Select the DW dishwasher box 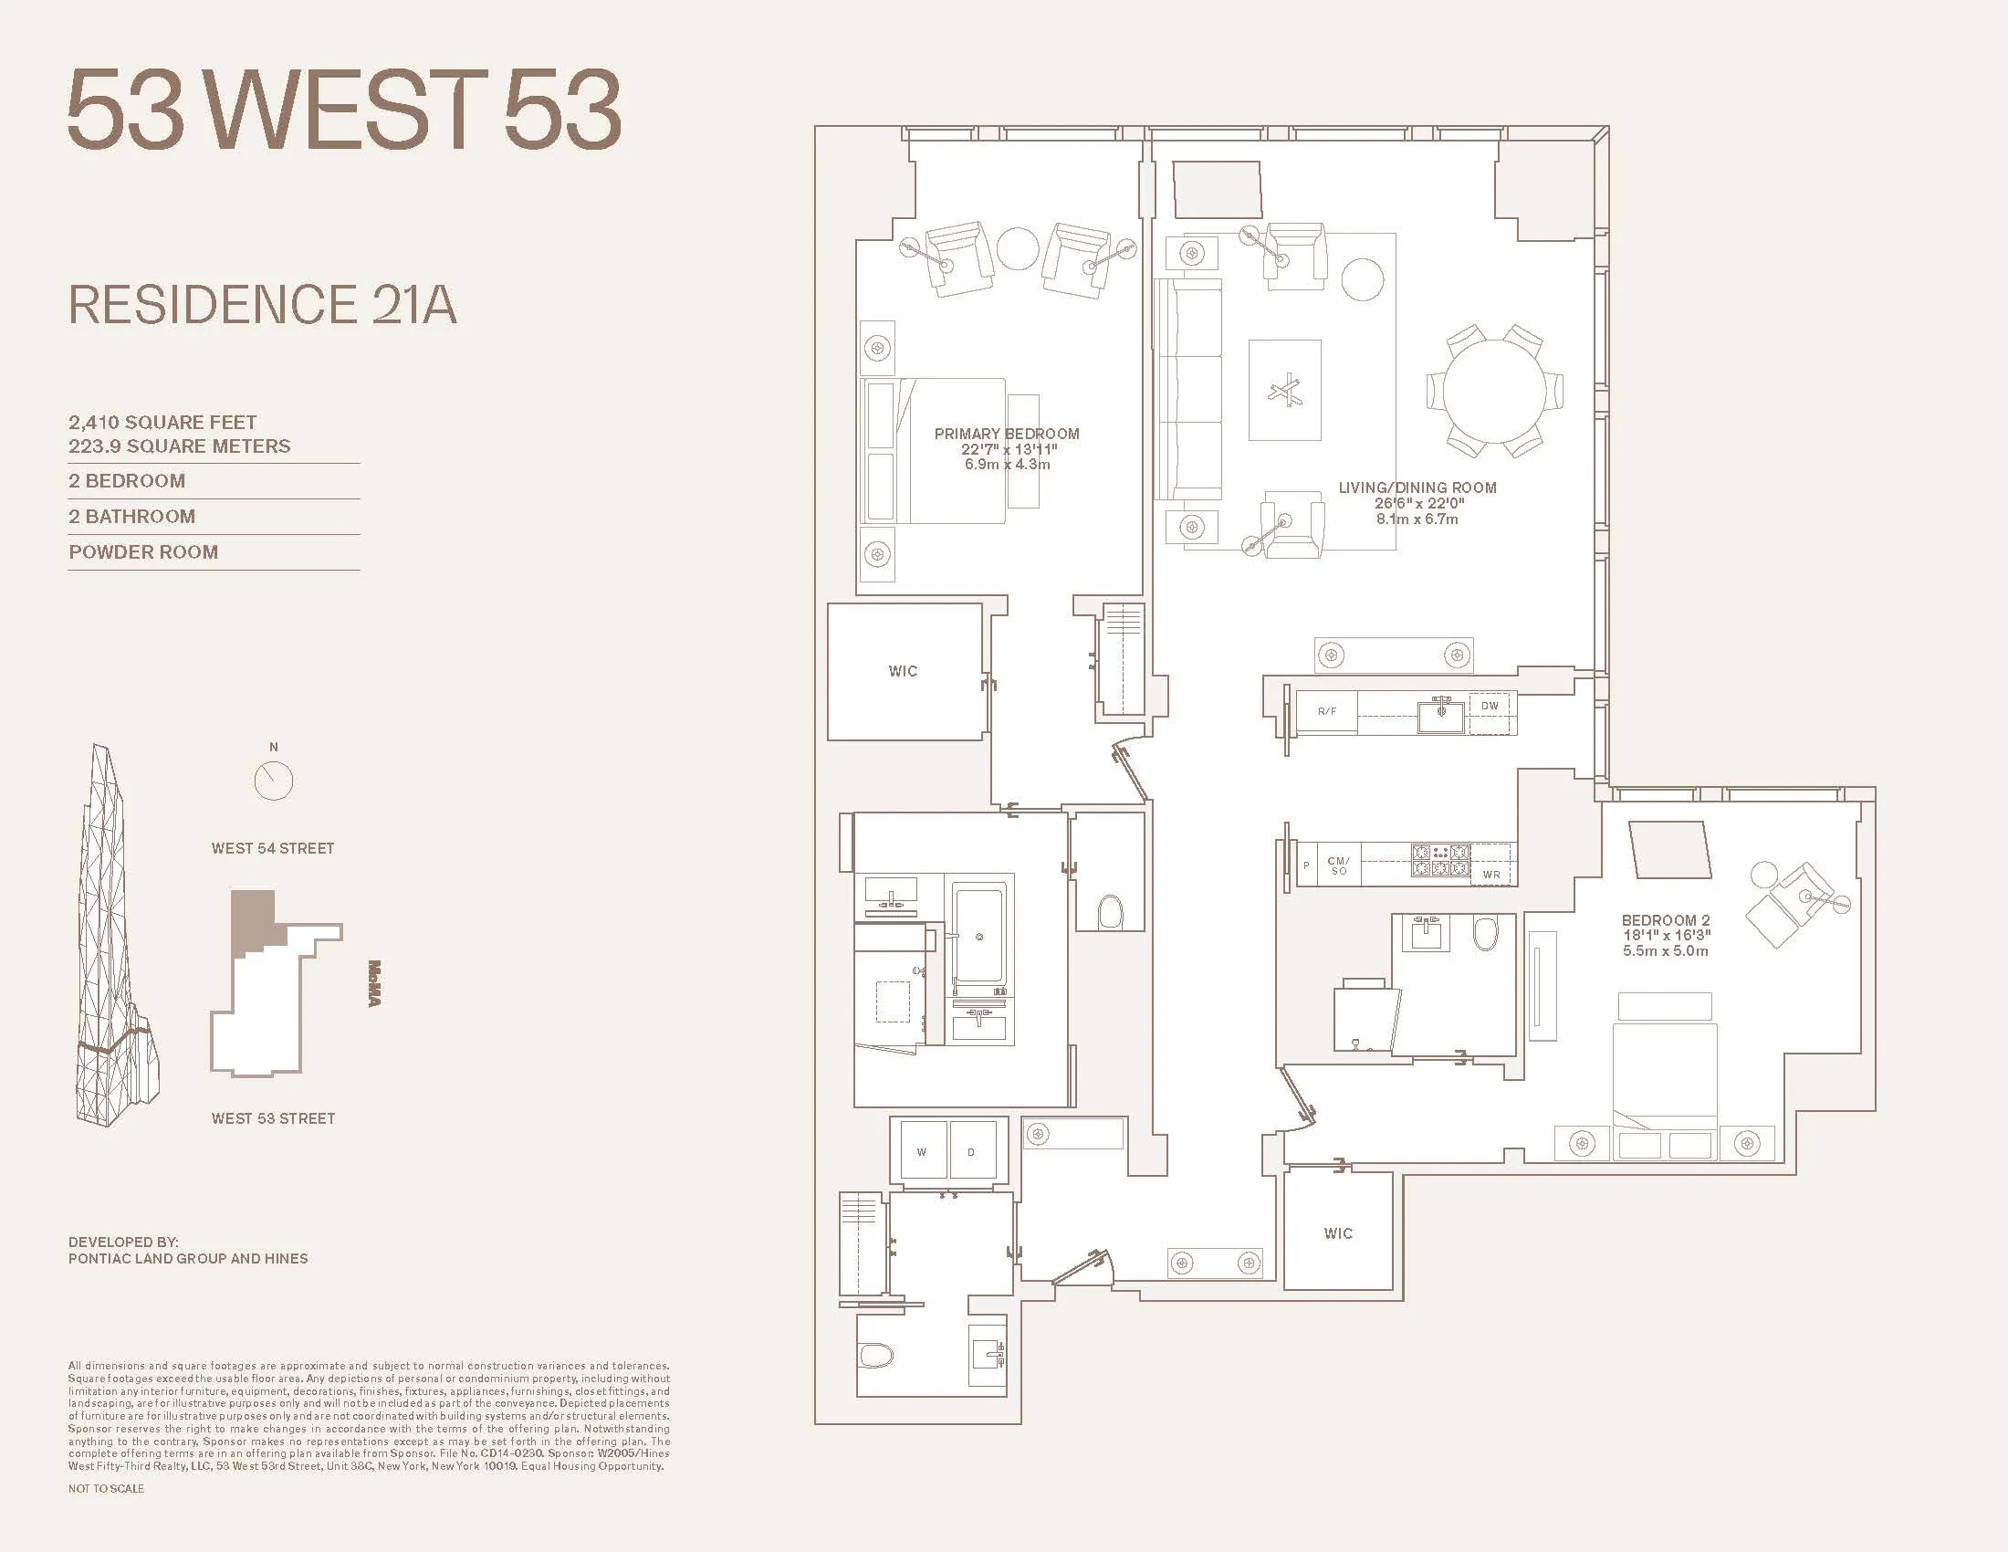1490,706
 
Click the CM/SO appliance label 1339,866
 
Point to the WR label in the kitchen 1491,875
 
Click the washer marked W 921,1152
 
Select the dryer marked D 971,1152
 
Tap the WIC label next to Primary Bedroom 903,671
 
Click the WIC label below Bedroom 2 1338,1233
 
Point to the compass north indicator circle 273,781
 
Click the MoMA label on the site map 374,984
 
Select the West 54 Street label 273,849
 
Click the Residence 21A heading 263,305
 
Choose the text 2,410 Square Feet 162,422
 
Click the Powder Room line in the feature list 143,551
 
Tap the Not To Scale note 106,1489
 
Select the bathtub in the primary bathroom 979,938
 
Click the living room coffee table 1284,391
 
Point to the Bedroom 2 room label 1665,920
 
